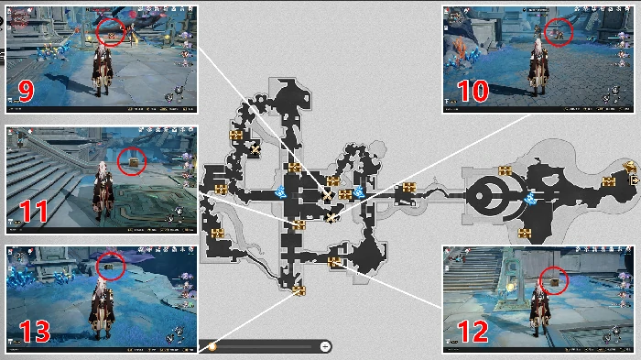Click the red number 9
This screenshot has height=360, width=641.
[26, 92]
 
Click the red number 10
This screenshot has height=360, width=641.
[473, 91]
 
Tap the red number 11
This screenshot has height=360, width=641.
[35, 211]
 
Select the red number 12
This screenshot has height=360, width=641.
[473, 332]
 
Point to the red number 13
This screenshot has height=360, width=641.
[35, 332]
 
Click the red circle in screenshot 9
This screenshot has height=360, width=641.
[111, 32]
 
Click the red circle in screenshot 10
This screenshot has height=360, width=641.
[559, 32]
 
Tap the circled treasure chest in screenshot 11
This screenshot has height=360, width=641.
[134, 162]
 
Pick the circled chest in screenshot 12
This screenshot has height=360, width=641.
[555, 282]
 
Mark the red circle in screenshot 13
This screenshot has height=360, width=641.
[111, 267]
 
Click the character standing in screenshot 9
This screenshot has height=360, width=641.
[102, 70]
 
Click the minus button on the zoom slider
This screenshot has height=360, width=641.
[325, 346]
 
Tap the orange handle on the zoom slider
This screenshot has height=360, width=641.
[212, 346]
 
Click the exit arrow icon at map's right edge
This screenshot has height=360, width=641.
[635, 180]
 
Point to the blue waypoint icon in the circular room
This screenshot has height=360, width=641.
[530, 199]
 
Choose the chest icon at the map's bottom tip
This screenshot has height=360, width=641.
[299, 290]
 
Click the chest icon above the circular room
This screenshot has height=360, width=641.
[505, 170]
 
